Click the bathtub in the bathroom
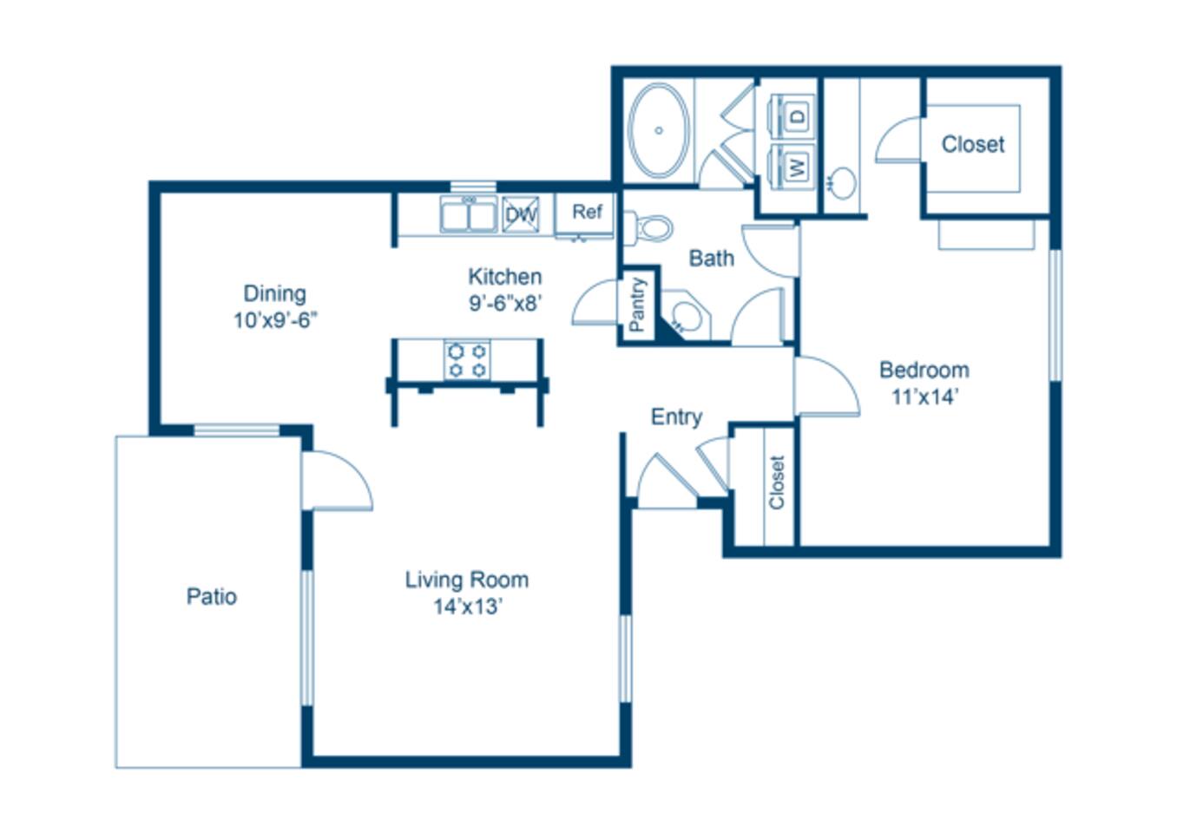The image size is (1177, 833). tap(659, 131)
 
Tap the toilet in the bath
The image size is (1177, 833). tap(652, 228)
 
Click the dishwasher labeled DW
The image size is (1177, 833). tap(521, 214)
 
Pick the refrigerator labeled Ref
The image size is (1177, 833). tap(587, 213)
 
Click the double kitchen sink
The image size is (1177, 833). tap(469, 214)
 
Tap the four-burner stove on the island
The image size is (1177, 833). tap(467, 360)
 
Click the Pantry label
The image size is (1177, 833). tap(637, 305)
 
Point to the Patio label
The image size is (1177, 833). tap(211, 596)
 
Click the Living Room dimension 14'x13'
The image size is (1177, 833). tap(468, 607)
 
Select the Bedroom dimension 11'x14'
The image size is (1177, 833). tap(924, 397)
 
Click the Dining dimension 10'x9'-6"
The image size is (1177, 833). tap(274, 320)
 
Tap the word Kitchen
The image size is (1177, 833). tap(504, 277)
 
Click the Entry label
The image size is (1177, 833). tap(676, 416)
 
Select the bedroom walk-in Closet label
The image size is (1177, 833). tap(972, 144)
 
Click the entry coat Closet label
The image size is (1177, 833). tap(776, 482)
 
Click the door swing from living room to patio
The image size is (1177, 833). tap(337, 482)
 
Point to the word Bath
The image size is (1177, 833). tap(711, 258)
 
